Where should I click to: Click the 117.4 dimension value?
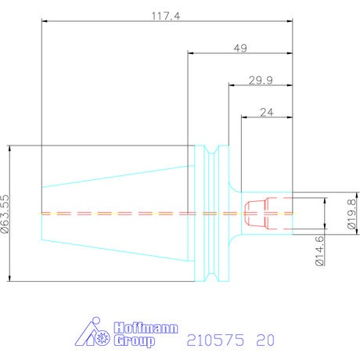[x=166, y=16]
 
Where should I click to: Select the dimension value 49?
[x=240, y=49]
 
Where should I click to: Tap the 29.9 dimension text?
[x=261, y=81]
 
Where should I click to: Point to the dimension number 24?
[x=267, y=113]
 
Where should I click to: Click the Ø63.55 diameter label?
[x=5, y=214]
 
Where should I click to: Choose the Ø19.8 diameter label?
[x=352, y=214]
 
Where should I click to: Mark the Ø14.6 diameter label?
[x=320, y=250]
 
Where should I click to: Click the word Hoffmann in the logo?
[x=146, y=328]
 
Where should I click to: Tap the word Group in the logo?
[x=135, y=341]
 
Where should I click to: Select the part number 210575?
[x=216, y=340]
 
